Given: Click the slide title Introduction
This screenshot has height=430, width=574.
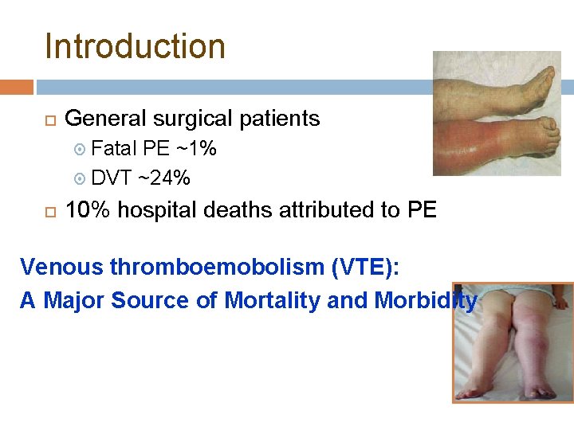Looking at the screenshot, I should coord(135,46).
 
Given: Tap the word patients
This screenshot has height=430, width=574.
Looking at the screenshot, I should coord(280,119).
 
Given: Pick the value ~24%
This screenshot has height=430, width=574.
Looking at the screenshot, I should coord(164,178).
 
